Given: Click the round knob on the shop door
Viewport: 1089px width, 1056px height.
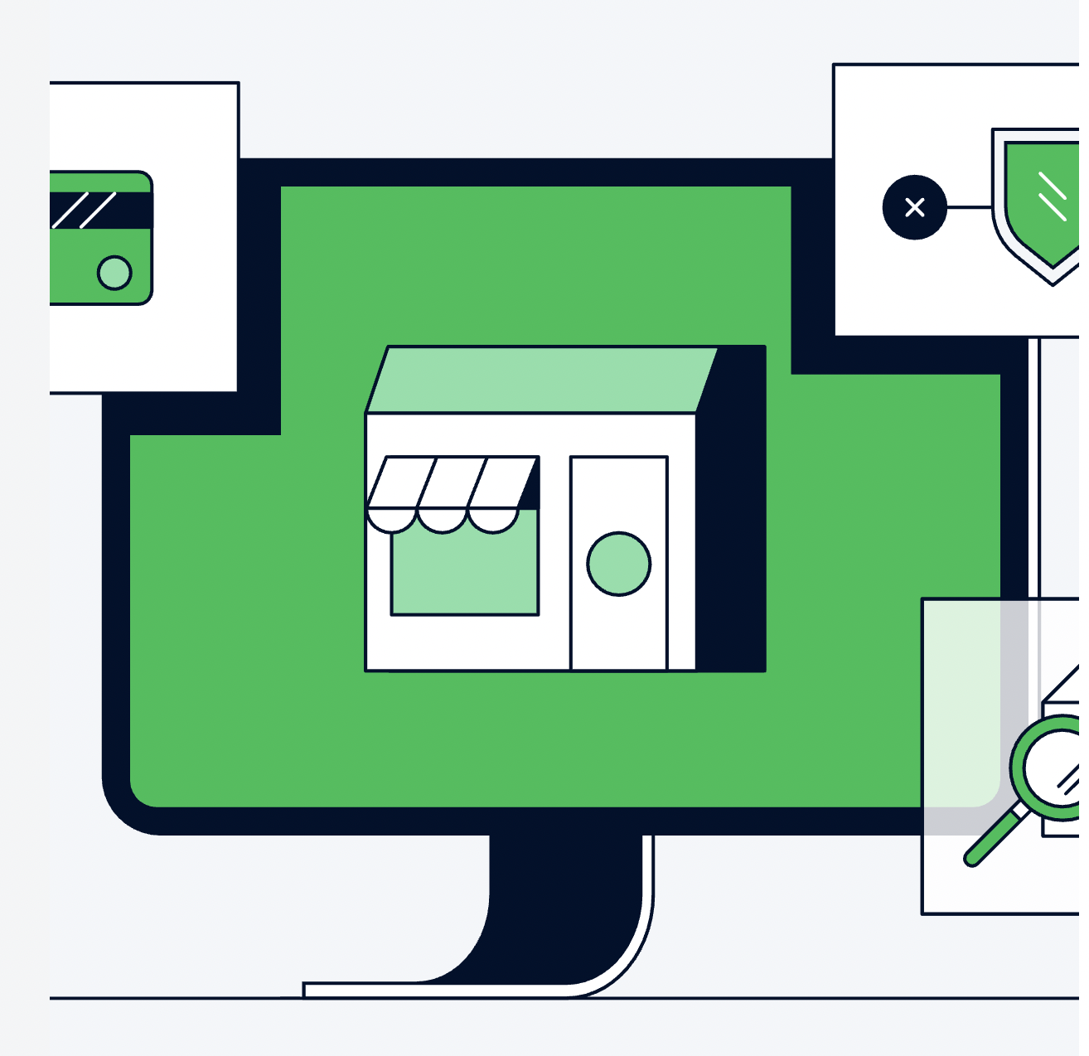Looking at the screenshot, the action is [x=618, y=564].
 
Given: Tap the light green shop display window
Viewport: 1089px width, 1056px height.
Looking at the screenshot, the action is [x=464, y=572].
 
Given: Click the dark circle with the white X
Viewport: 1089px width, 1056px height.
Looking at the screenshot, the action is [x=914, y=207].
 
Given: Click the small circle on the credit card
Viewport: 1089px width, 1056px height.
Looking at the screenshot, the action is [x=114, y=272].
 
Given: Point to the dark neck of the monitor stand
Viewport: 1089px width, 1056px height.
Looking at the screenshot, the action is [x=564, y=895].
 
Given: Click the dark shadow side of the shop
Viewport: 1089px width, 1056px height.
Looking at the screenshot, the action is [x=730, y=514].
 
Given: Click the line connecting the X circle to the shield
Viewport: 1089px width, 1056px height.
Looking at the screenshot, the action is [x=969, y=207].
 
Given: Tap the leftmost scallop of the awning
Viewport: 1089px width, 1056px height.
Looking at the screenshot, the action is [x=391, y=520].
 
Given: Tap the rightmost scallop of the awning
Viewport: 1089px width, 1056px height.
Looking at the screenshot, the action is [x=493, y=520].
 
